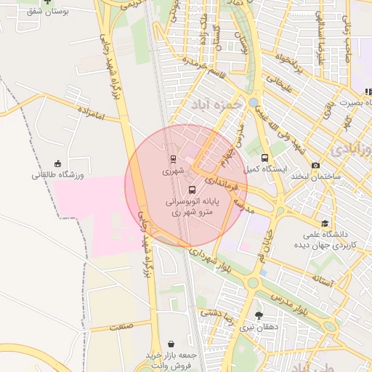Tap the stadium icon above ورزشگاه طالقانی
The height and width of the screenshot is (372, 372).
pos(58,163)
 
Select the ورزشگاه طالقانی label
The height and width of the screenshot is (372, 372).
pos(58,175)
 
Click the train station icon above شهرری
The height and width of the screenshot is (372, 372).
pos(173,159)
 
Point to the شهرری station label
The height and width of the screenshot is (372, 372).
pos(173,171)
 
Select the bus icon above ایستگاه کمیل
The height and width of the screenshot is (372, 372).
pos(264,158)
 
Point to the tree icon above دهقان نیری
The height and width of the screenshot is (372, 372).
pos(259,315)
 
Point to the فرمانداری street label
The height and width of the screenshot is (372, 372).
pos(219,179)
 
